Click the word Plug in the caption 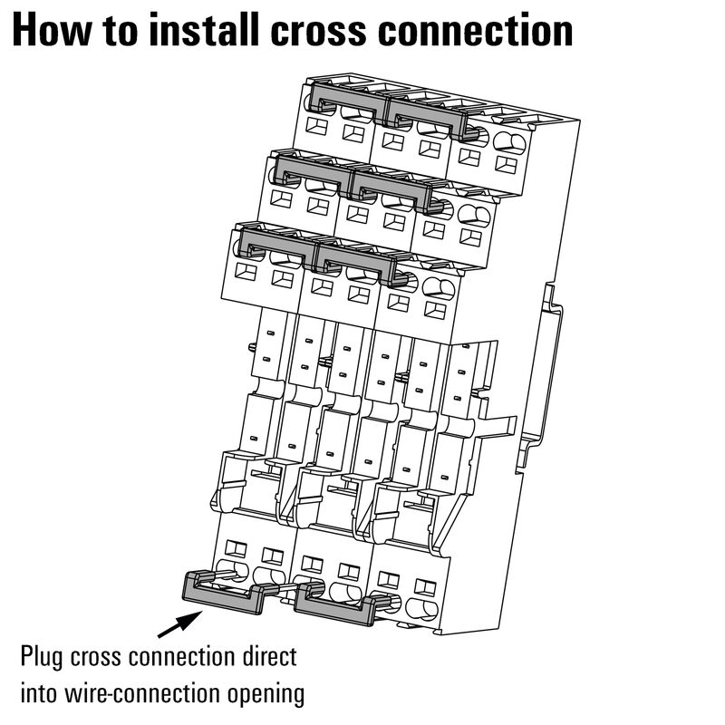[43, 655]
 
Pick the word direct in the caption [264, 655]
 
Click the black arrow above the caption [179, 624]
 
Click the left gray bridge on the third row [277, 243]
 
